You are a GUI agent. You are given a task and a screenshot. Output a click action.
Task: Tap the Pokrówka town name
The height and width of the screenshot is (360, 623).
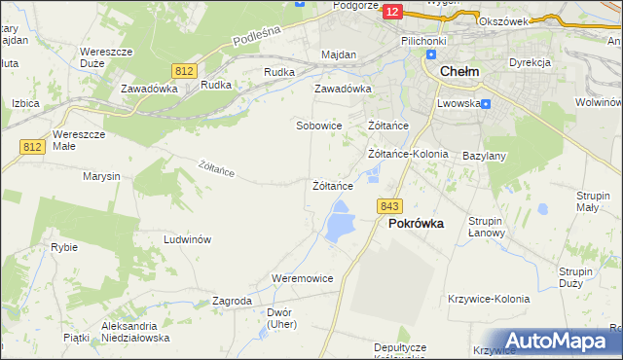pyautogui.click(x=416, y=223)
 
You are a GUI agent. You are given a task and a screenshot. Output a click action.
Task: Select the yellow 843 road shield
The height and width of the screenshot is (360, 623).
pyautogui.click(x=390, y=206)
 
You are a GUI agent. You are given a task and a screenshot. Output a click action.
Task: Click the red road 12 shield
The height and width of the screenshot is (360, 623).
pyautogui.click(x=392, y=11)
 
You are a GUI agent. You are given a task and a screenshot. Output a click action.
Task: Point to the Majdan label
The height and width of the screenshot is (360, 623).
pyautogui.click(x=338, y=55)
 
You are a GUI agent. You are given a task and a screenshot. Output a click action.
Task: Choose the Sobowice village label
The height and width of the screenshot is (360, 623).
pyautogui.click(x=318, y=126)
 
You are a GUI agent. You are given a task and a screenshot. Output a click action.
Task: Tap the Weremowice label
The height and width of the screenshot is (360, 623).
pyautogui.click(x=303, y=278)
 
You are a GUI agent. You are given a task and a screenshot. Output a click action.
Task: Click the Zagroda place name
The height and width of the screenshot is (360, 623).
pyautogui.click(x=232, y=302)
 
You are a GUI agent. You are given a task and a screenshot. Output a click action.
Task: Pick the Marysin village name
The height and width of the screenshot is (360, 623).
pyautogui.click(x=101, y=176)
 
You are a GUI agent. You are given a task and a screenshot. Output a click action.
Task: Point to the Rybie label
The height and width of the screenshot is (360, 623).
pyautogui.click(x=64, y=247)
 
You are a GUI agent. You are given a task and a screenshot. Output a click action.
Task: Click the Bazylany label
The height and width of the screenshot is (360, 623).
pyautogui.click(x=484, y=156)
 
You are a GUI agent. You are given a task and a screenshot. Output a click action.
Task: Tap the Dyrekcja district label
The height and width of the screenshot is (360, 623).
pyautogui.click(x=530, y=62)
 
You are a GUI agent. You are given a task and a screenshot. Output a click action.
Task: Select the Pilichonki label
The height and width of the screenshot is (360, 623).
pyautogui.click(x=421, y=42)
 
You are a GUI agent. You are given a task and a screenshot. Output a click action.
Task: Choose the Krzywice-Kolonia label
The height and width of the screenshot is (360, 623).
pyautogui.click(x=489, y=299)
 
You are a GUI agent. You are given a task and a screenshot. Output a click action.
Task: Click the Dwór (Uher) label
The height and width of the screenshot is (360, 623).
pyautogui.click(x=278, y=318)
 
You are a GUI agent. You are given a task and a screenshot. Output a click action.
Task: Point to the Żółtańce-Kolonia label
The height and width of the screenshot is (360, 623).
pyautogui.click(x=407, y=154)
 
